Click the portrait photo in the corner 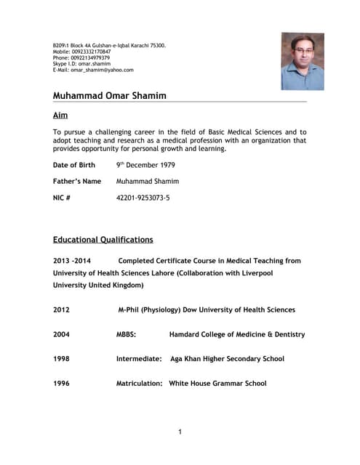[303, 61]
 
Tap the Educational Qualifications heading [103, 239]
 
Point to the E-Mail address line [93, 70]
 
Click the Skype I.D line [81, 64]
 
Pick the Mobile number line [81, 52]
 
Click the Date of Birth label [74, 165]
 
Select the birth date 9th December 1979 [145, 165]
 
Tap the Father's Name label [77, 181]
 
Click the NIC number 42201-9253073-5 [143, 197]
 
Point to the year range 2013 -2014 [72, 260]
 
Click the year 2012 [61, 310]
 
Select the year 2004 [61, 334]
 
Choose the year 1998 [61, 359]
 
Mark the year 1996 [61, 383]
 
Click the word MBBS [127, 334]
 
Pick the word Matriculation [140, 383]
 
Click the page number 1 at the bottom [180, 432]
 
